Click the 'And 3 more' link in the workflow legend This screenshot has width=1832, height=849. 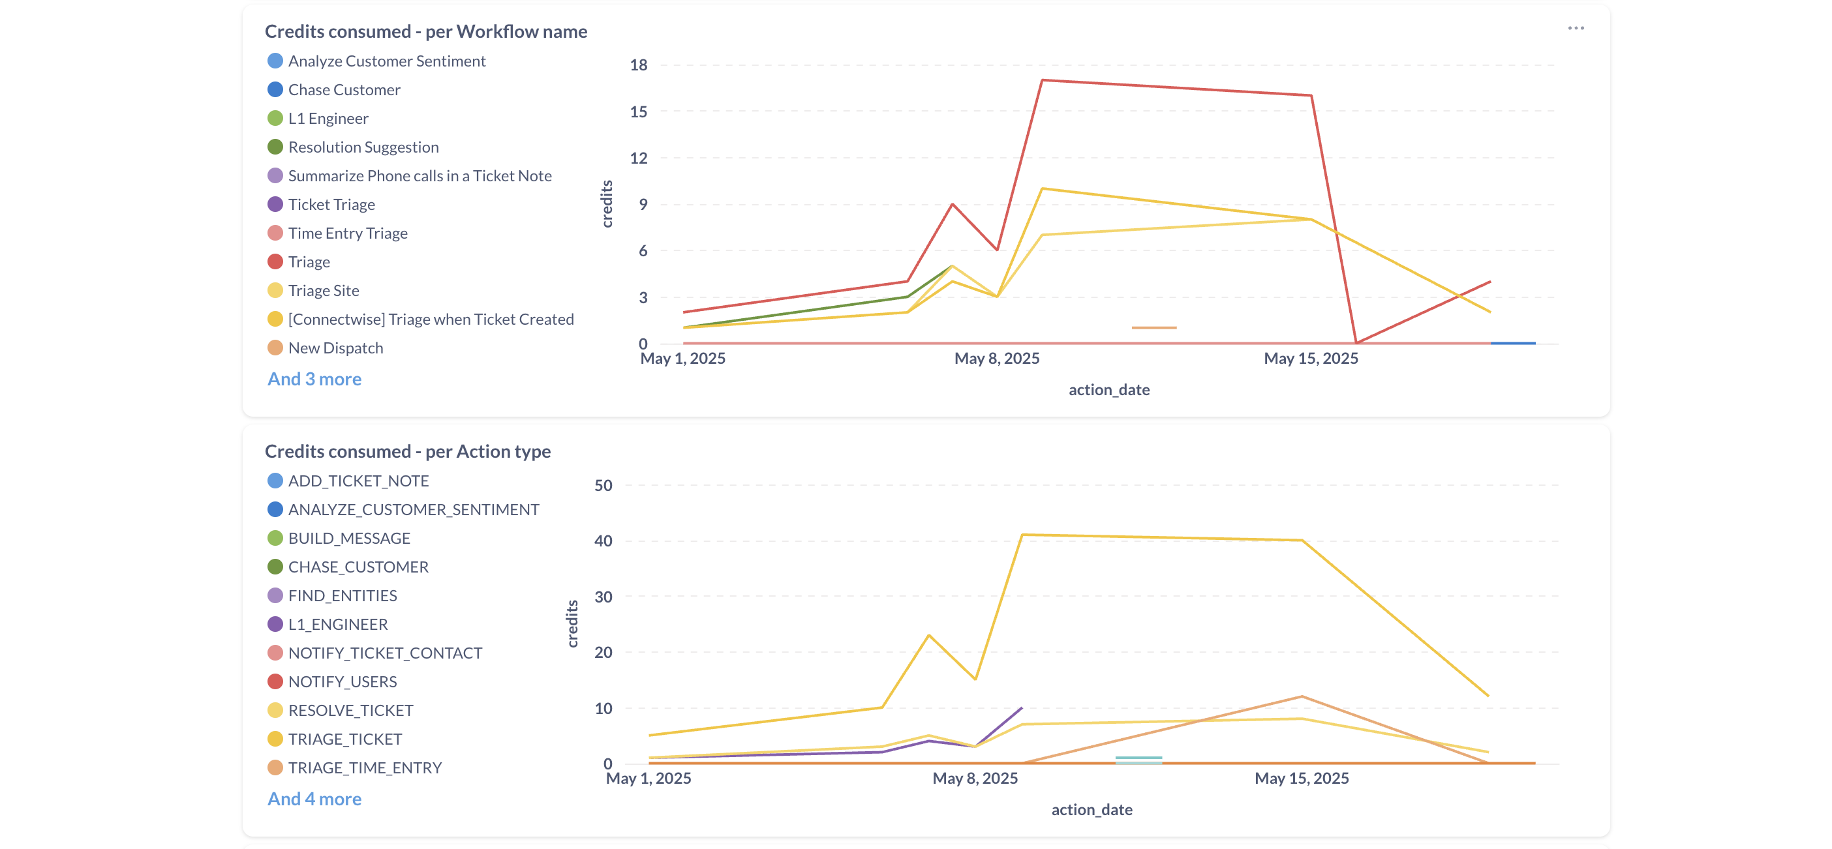click(314, 379)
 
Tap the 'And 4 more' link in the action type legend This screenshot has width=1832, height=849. click(314, 799)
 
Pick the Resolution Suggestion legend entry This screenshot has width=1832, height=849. click(363, 147)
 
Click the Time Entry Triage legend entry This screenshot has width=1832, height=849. click(347, 233)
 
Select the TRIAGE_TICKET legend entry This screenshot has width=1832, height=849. click(344, 739)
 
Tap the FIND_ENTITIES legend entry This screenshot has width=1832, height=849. click(342, 595)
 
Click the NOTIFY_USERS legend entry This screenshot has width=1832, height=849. click(342, 681)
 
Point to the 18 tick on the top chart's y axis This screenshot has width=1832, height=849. click(639, 65)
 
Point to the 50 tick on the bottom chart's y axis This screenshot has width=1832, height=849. click(603, 485)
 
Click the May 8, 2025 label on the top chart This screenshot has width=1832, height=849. click(996, 359)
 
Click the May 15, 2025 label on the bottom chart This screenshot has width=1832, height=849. click(1301, 778)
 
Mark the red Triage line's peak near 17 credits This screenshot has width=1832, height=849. click(1042, 80)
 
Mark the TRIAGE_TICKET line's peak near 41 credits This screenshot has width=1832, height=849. click(1022, 535)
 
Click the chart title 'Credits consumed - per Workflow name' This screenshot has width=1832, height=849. click(425, 31)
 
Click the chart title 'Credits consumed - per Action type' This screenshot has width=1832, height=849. click(408, 451)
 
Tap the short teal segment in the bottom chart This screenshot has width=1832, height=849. click(1138, 759)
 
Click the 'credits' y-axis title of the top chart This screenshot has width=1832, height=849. click(607, 203)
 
